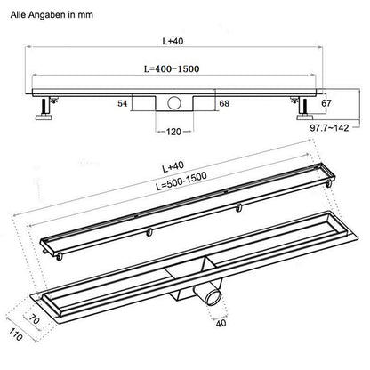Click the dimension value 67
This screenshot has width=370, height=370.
(x=326, y=102)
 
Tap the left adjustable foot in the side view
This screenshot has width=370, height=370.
(x=43, y=111)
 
